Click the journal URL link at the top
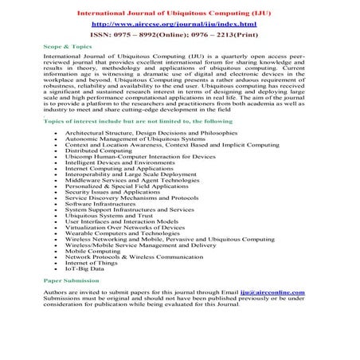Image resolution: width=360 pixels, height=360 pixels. coord(180,24)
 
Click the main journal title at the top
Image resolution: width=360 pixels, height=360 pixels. coord(180,11)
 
